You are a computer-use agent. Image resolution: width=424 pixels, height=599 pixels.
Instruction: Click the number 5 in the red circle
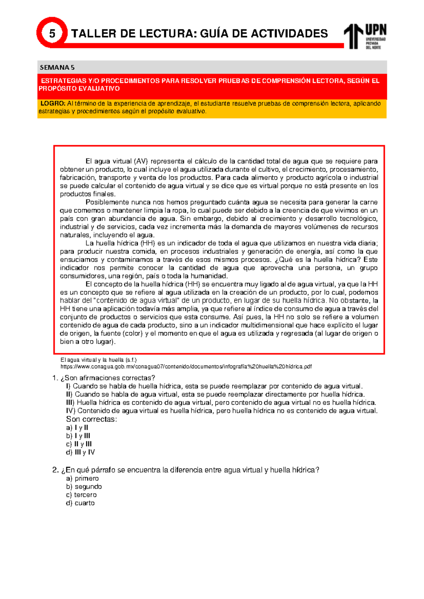point(52,34)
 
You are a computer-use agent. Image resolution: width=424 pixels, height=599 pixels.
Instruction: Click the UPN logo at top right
point(365,36)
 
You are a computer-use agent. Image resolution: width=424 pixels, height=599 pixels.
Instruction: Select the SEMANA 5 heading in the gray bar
point(57,67)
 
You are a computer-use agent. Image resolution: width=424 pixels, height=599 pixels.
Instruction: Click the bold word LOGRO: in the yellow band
point(53,103)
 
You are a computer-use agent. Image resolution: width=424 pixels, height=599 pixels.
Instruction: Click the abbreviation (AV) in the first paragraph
point(141,161)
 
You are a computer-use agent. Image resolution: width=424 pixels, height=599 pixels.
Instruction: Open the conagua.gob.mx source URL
point(186,367)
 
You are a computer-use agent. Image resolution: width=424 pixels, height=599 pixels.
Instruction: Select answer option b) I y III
point(78,436)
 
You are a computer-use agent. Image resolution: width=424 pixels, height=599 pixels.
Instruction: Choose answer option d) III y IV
point(81,452)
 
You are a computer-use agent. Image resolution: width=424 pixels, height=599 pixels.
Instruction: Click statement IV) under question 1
point(222,411)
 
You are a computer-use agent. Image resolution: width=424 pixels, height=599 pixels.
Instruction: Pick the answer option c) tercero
point(81,495)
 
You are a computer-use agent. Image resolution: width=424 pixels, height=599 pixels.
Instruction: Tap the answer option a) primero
point(82,479)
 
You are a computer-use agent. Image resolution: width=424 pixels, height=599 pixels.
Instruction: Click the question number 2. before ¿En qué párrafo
point(55,470)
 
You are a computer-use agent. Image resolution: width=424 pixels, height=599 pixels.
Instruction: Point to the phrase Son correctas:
point(91,419)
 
